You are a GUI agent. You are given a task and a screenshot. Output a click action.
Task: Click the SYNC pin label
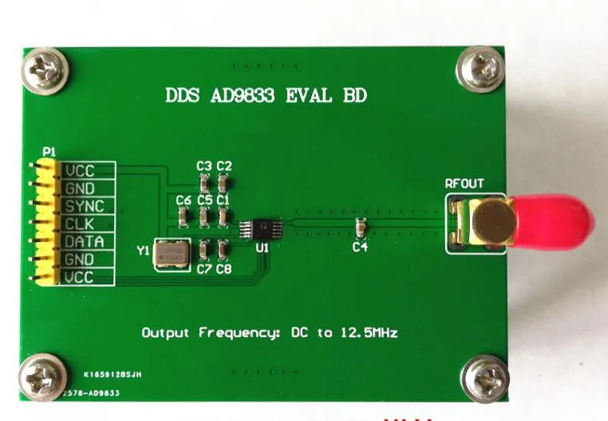[85, 206]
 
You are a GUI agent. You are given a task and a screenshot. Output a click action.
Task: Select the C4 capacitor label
[361, 248]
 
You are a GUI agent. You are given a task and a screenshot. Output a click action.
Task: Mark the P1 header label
[49, 151]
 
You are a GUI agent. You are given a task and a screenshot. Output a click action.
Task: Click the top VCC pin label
[81, 171]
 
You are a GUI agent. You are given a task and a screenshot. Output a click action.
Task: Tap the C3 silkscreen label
[203, 166]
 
